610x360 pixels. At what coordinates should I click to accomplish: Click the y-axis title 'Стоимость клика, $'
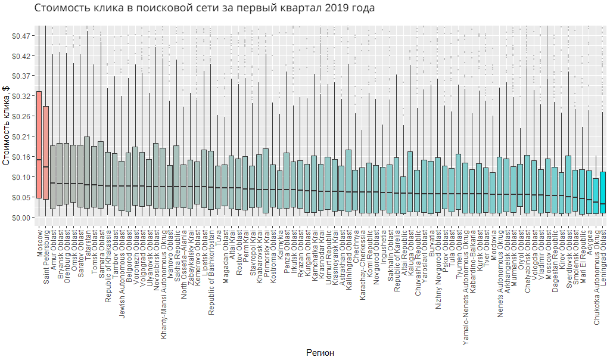[7, 126]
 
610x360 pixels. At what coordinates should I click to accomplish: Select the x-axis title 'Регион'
[320, 353]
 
